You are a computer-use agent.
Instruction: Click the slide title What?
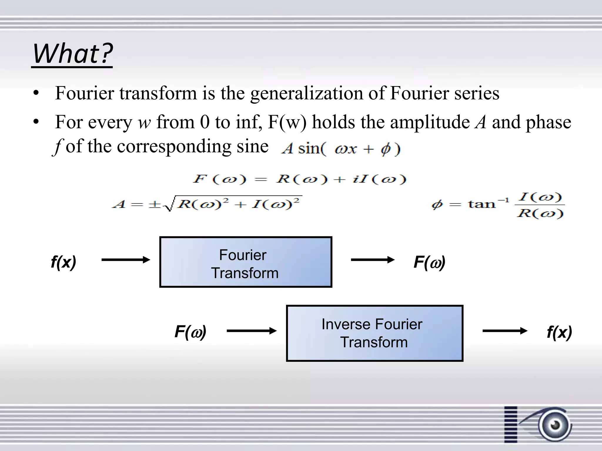point(72,53)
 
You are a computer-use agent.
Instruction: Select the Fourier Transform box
point(246,262)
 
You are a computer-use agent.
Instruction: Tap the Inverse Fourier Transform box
point(374,333)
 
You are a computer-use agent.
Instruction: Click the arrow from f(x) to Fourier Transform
point(126,260)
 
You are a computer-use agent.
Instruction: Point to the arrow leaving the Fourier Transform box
point(373,260)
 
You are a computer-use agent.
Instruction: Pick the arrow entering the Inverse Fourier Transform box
point(252,331)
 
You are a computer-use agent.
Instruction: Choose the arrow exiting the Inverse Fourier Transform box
point(505,331)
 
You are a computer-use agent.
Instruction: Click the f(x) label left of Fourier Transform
point(63,262)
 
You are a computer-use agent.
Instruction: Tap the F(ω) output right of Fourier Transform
point(429,262)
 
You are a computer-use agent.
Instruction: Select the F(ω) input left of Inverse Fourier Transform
point(190,332)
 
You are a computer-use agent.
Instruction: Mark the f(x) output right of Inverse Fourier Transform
point(559,332)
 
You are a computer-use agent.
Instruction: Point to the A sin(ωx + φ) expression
point(340,149)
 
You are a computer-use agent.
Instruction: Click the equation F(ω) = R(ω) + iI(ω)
point(299,179)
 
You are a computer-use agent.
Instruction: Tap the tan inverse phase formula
point(497,204)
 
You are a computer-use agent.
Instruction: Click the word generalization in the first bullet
point(307,93)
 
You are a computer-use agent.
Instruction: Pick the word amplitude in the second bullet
point(430,122)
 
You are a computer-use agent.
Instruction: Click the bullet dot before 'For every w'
point(36,121)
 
